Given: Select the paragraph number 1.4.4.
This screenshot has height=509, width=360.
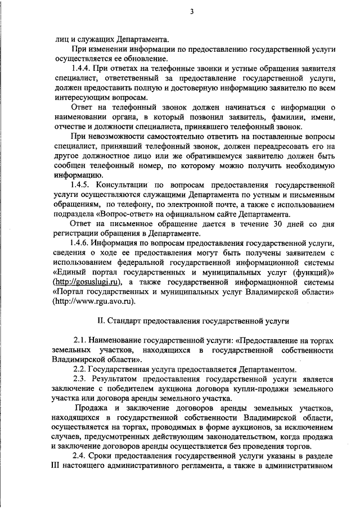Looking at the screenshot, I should coord(76,69).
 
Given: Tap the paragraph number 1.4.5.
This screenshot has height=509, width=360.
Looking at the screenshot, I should coord(76,184).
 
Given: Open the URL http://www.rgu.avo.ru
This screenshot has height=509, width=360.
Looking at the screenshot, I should coord(94,301).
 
